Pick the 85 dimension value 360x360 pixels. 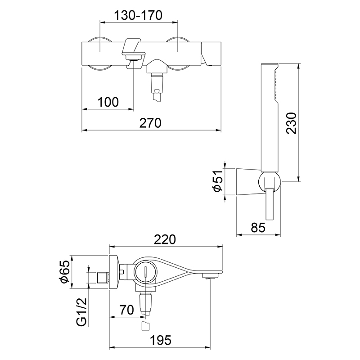tap(258, 228)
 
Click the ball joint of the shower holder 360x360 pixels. tap(270, 182)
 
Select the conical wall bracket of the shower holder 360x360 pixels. tap(248, 182)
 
